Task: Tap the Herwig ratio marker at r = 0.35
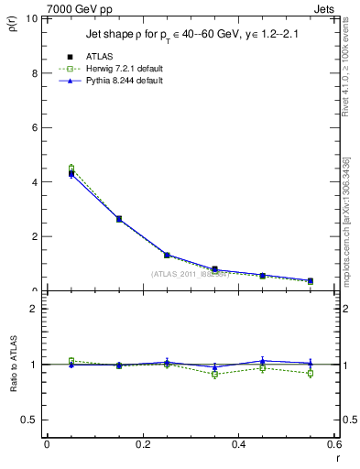pyautogui.click(x=214, y=374)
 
